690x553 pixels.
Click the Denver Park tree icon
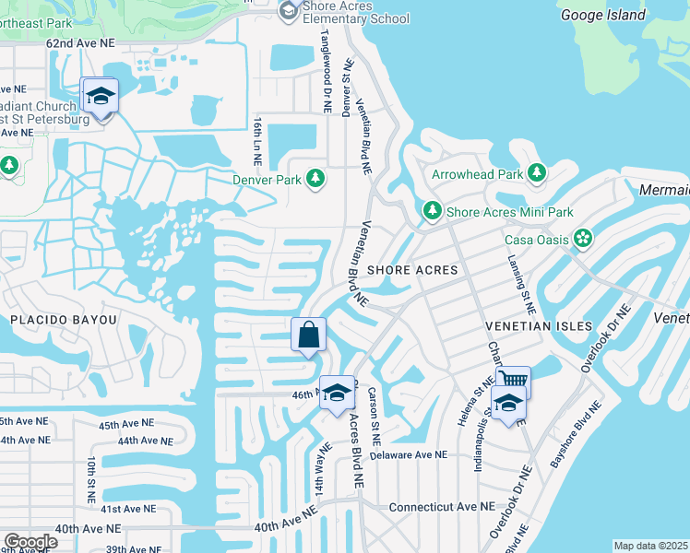pyautogui.click(x=315, y=178)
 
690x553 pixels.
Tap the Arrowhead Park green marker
pyautogui.click(x=536, y=173)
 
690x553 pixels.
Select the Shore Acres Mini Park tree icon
pyautogui.click(x=432, y=212)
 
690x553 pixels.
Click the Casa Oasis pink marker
pyautogui.click(x=583, y=240)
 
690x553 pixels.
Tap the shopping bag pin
pyautogui.click(x=309, y=335)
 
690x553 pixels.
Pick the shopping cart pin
pyautogui.click(x=514, y=380)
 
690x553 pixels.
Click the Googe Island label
pyautogui.click(x=603, y=15)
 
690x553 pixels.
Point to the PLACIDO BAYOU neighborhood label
pyautogui.click(x=65, y=320)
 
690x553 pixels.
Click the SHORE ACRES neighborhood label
pyautogui.click(x=412, y=270)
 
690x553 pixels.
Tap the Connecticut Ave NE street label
pyautogui.click(x=442, y=507)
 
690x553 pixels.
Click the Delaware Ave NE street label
pyautogui.click(x=408, y=455)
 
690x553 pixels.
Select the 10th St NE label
pyautogui.click(x=91, y=479)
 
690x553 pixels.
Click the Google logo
pyautogui.click(x=30, y=542)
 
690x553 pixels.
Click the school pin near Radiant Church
pyautogui.click(x=100, y=96)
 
